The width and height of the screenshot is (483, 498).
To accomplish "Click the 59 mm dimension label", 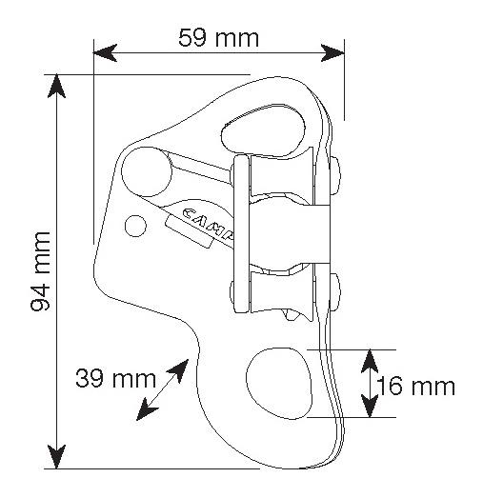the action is [x=218, y=38].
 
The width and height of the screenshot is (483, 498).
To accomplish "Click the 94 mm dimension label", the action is [x=40, y=271].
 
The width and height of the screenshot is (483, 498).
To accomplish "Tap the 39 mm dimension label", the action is [x=115, y=378].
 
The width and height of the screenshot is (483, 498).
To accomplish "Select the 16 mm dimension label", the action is [x=416, y=387].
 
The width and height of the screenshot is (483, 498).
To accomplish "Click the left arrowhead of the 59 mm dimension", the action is [x=105, y=52].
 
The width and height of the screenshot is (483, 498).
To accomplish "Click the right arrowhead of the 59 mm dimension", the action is [x=332, y=52].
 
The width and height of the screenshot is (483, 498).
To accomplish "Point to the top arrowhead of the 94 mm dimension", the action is [x=56, y=86].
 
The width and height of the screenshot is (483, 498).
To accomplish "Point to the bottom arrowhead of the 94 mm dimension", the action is [x=56, y=456].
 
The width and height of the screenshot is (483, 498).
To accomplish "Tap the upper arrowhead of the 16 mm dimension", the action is [x=370, y=361].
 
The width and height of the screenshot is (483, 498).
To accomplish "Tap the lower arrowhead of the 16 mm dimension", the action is [x=370, y=406].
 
